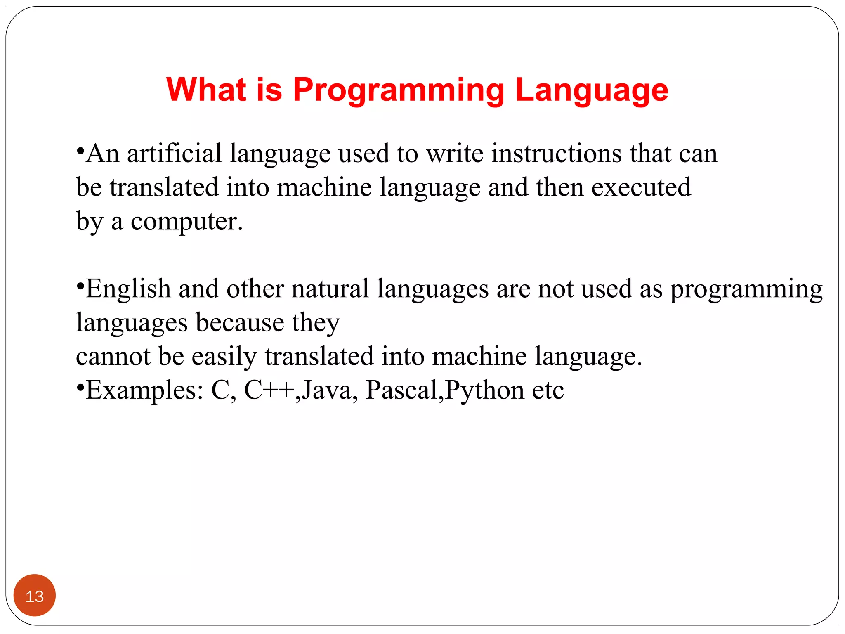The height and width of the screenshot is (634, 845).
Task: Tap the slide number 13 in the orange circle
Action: click(x=35, y=596)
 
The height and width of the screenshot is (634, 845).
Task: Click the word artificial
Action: click(x=174, y=154)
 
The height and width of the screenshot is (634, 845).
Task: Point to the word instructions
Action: click(x=557, y=154)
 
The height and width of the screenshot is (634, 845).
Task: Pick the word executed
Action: click(x=641, y=187)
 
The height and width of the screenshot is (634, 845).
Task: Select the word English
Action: click(x=128, y=289)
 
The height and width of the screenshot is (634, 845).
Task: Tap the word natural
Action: click(x=330, y=289)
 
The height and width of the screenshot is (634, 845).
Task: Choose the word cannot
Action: click(x=113, y=356)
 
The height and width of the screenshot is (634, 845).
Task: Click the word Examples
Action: click(x=144, y=391)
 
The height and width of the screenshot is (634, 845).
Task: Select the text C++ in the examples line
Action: click(x=269, y=390)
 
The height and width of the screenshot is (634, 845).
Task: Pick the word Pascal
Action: click(x=401, y=390)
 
